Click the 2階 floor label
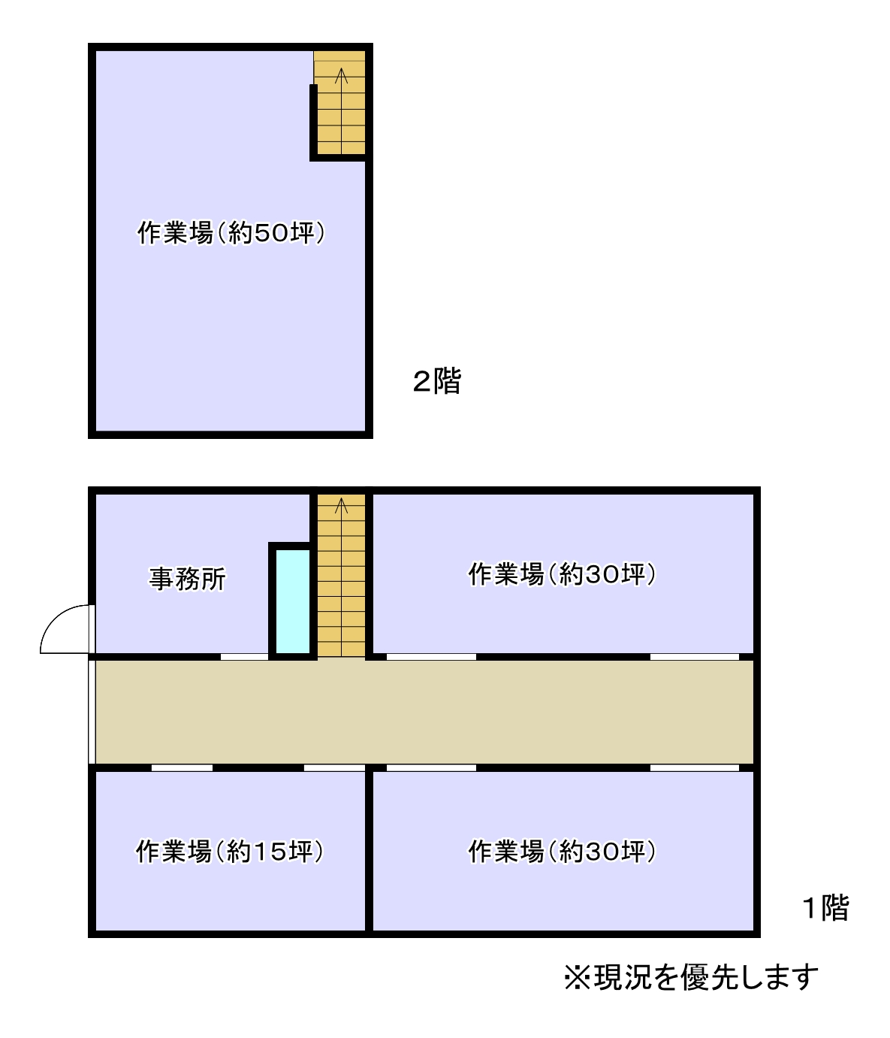coord(436,381)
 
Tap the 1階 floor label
coord(825,908)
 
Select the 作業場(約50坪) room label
coord(231,232)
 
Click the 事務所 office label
coord(187,579)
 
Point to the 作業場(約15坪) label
coord(229,852)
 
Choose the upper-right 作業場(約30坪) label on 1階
coord(562,574)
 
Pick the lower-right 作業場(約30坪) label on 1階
coord(562,852)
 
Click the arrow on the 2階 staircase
coord(342,75)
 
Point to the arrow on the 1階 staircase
coord(342,505)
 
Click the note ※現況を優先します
coord(691,977)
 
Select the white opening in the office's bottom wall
coord(244,657)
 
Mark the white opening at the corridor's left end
coord(92,712)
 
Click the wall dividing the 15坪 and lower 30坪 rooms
coord(369,852)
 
